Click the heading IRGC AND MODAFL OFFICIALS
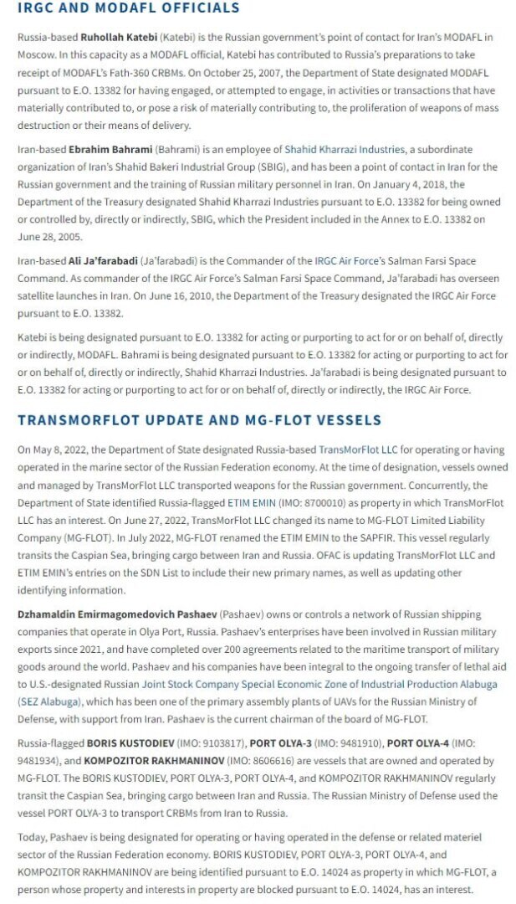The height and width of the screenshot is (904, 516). tap(129, 8)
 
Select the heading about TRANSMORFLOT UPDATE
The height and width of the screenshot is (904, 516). tap(199, 419)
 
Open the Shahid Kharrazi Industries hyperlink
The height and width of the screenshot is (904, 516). tap(344, 149)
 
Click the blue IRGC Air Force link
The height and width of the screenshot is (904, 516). tap(344, 260)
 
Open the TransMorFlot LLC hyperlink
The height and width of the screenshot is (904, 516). tap(358, 449)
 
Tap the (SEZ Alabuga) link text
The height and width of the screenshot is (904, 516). tap(49, 701)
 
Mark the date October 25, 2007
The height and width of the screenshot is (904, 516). tap(217, 74)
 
